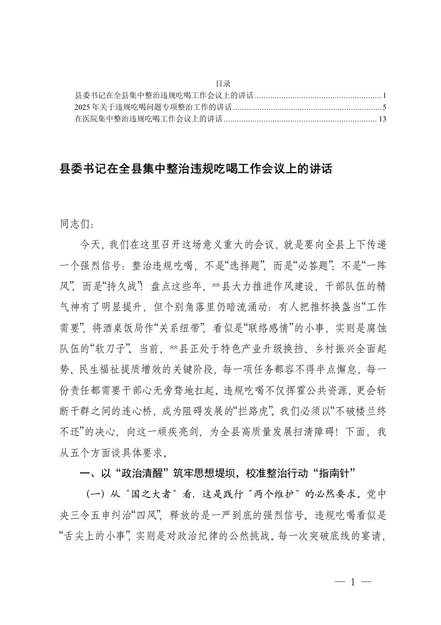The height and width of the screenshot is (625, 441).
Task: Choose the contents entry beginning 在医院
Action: coord(148,118)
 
